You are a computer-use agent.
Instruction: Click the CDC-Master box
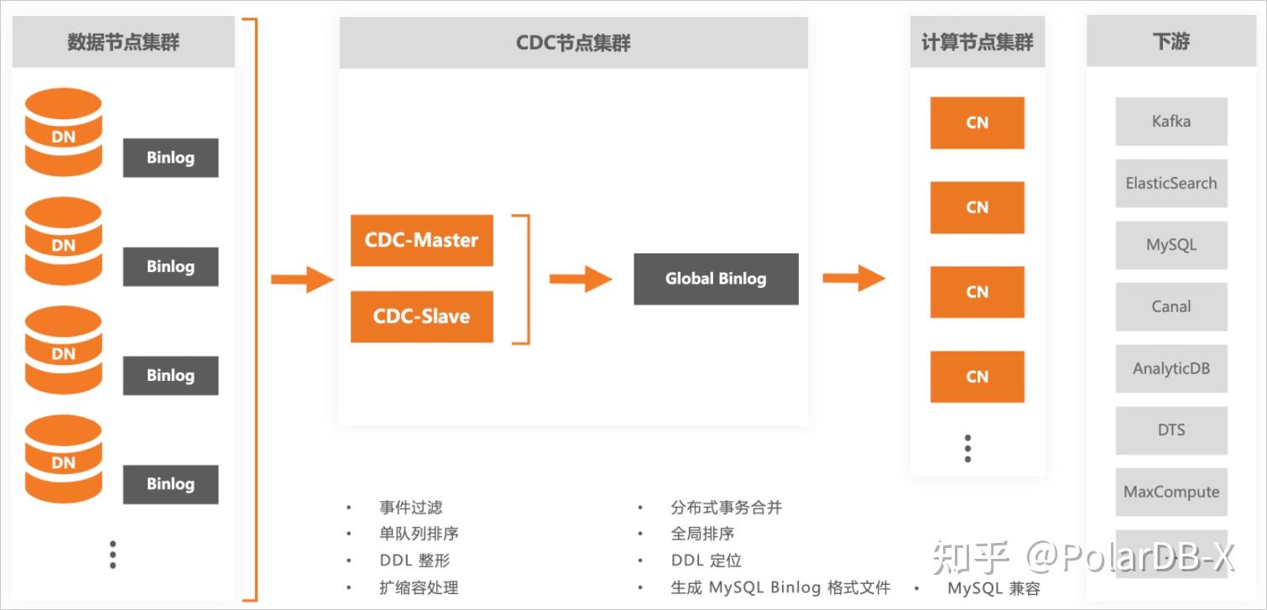click(421, 240)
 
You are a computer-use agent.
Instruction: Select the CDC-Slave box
click(421, 316)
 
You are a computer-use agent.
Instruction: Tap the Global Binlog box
click(716, 279)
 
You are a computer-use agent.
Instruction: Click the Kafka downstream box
click(1171, 122)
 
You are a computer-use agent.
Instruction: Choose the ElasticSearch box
click(1171, 183)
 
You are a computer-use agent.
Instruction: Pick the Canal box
click(1171, 306)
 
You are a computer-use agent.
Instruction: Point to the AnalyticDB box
click(1171, 368)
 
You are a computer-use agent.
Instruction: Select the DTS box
click(1171, 430)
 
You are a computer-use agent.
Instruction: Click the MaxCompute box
click(1171, 492)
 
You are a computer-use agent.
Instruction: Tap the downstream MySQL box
click(1171, 245)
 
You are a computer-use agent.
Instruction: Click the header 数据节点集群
click(123, 42)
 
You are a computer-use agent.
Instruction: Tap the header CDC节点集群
click(573, 43)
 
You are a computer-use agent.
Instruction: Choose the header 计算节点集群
click(978, 42)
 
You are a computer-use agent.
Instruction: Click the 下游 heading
click(1171, 41)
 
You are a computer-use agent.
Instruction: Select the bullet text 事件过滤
click(410, 508)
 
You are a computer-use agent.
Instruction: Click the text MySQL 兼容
click(993, 588)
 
